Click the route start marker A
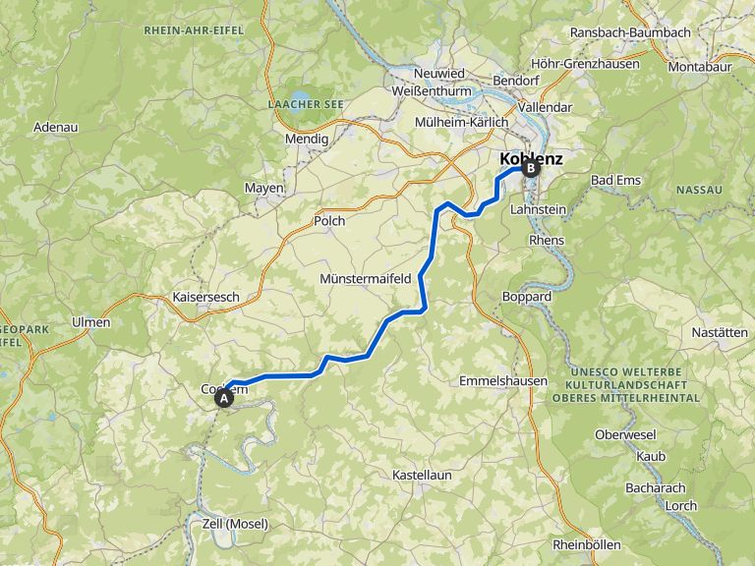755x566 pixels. tap(224, 398)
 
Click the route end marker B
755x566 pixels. tap(531, 168)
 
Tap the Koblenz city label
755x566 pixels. tap(531, 157)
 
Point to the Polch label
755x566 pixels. tap(329, 221)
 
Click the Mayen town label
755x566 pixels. tap(264, 188)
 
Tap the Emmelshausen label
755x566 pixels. tap(503, 380)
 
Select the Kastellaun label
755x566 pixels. tap(422, 475)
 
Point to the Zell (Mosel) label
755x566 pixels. tap(233, 524)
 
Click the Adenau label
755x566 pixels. tap(55, 127)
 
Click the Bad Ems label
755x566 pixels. tap(615, 180)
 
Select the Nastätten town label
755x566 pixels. tap(720, 332)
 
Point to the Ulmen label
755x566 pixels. tap(91, 321)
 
